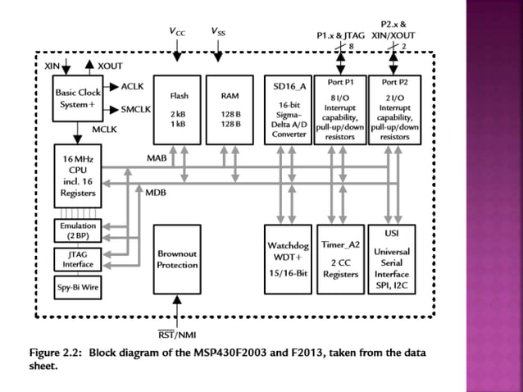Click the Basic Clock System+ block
[76, 98]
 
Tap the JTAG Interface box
[77, 259]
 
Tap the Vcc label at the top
[177, 31]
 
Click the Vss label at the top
[218, 31]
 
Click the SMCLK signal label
[136, 108]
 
